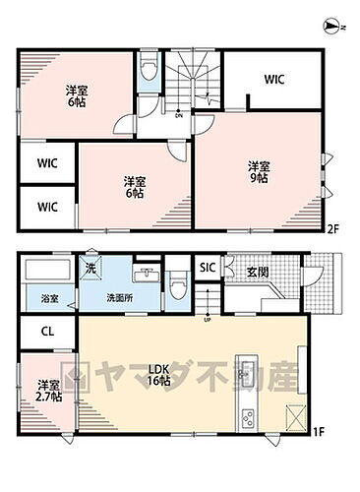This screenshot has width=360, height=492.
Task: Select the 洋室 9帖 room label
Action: pyautogui.click(x=259, y=171)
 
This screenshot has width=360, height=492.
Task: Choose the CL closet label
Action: pyautogui.click(x=47, y=333)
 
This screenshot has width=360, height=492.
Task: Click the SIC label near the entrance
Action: pyautogui.click(x=208, y=268)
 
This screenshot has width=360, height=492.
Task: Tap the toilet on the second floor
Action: pyautogui.click(x=148, y=69)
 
